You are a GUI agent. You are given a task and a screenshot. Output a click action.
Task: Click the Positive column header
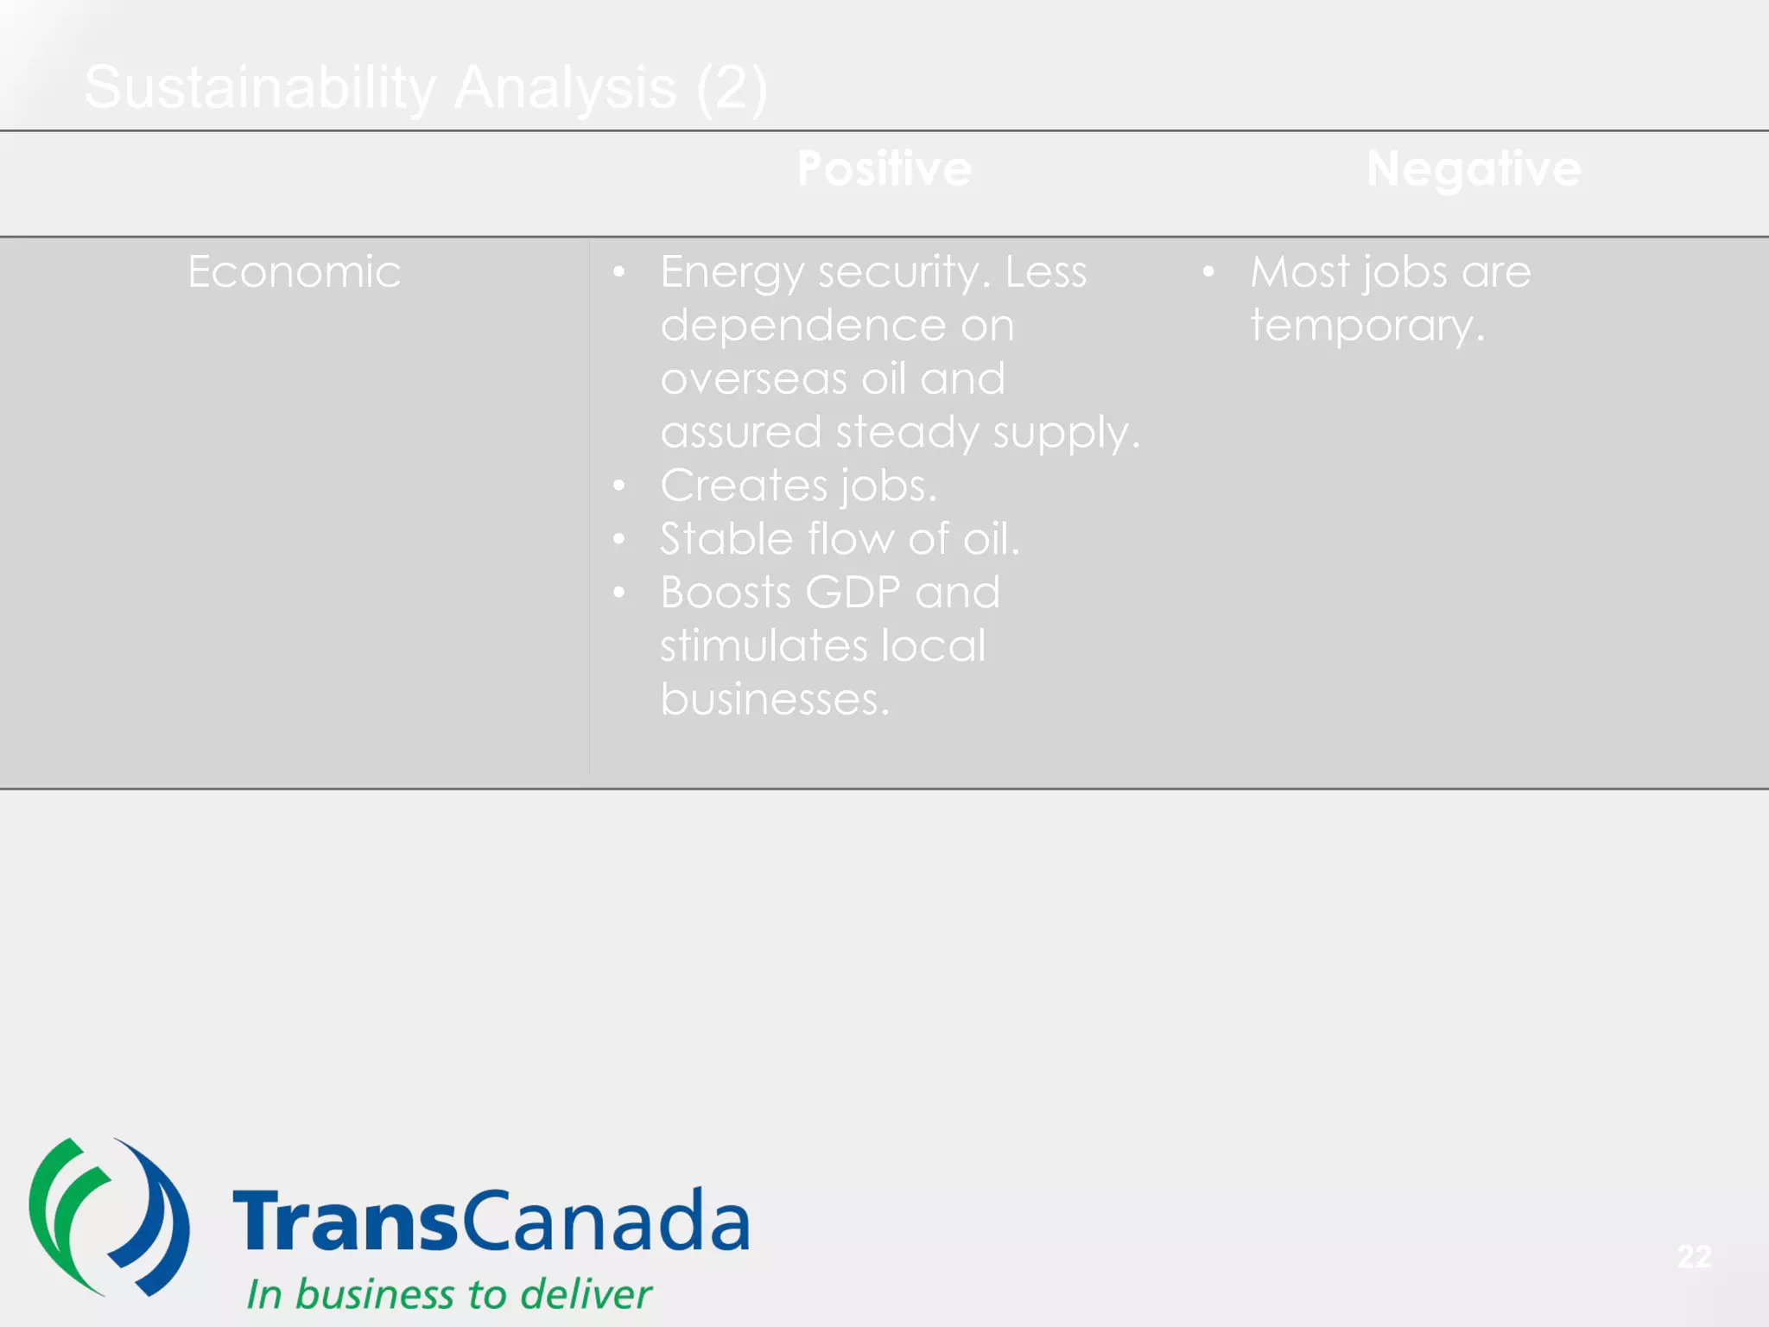[x=884, y=168]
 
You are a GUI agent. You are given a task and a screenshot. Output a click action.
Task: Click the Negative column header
[x=1473, y=168]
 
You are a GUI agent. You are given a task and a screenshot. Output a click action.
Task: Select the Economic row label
[x=294, y=272]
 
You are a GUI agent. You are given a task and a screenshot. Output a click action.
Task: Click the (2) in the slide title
[x=731, y=88]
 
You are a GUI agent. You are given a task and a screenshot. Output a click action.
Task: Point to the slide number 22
[x=1694, y=1256]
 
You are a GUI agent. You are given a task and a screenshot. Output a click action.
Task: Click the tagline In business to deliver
[x=448, y=1294]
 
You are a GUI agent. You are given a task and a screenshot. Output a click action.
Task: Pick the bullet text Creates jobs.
[x=798, y=486]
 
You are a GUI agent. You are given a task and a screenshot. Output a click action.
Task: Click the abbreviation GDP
[x=853, y=593]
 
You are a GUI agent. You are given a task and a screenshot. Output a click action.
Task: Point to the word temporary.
[x=1366, y=327]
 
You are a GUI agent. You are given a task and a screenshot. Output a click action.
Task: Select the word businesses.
[x=774, y=699]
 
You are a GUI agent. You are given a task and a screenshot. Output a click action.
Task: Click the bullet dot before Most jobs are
[x=1208, y=273]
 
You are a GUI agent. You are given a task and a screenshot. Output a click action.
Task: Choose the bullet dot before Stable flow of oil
[x=618, y=540]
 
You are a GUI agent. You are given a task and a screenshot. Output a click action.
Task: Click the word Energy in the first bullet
[x=732, y=273]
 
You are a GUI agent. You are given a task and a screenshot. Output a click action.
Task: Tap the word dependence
[x=802, y=326]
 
